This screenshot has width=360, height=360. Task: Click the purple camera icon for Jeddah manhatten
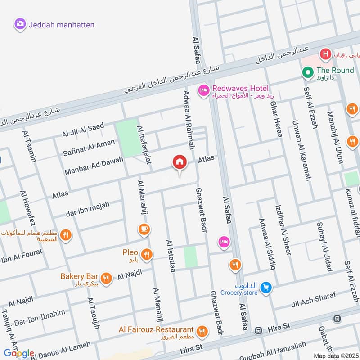point(20,24)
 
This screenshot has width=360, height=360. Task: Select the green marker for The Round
point(308,72)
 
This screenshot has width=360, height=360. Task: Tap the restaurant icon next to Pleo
point(146,255)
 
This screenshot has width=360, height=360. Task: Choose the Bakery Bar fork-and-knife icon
point(106,278)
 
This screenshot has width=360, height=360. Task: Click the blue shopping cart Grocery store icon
point(266,286)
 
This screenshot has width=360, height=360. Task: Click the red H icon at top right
point(325,55)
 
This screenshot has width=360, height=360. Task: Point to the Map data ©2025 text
point(336,355)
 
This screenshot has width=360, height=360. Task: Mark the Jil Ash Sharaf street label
point(314,301)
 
